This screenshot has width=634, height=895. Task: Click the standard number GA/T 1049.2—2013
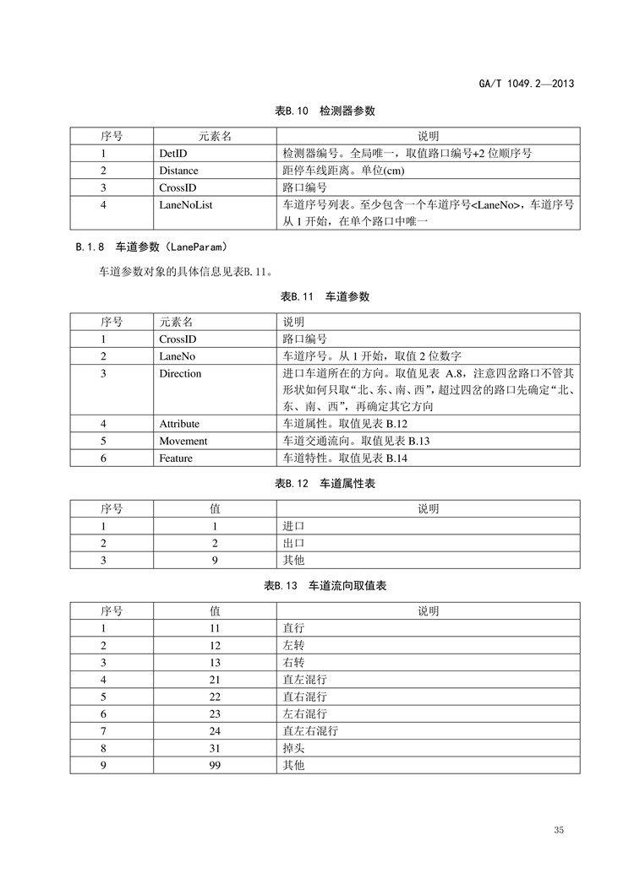527,84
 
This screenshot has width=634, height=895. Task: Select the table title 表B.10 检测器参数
325,111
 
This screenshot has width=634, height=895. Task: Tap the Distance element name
178,171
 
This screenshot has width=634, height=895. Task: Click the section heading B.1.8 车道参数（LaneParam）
151,247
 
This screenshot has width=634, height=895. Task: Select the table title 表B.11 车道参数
325,297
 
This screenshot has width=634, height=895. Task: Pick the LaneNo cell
176,356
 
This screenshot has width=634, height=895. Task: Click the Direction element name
180,373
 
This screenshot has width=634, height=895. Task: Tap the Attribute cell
179,424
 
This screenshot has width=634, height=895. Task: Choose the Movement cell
183,441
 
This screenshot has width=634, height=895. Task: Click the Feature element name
176,458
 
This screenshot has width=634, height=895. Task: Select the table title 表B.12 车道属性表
325,484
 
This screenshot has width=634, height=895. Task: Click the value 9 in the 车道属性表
215,560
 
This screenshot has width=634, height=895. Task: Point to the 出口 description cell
293,543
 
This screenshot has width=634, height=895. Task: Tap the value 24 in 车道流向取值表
215,730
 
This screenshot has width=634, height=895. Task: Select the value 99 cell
215,764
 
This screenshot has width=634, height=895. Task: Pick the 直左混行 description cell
304,679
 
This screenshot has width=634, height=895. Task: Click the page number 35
559,831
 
